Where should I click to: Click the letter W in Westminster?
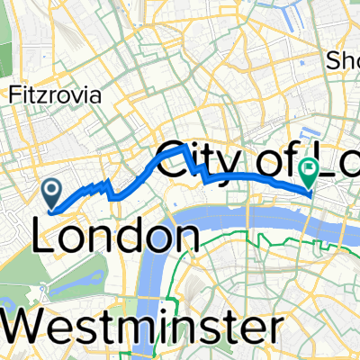29,325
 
